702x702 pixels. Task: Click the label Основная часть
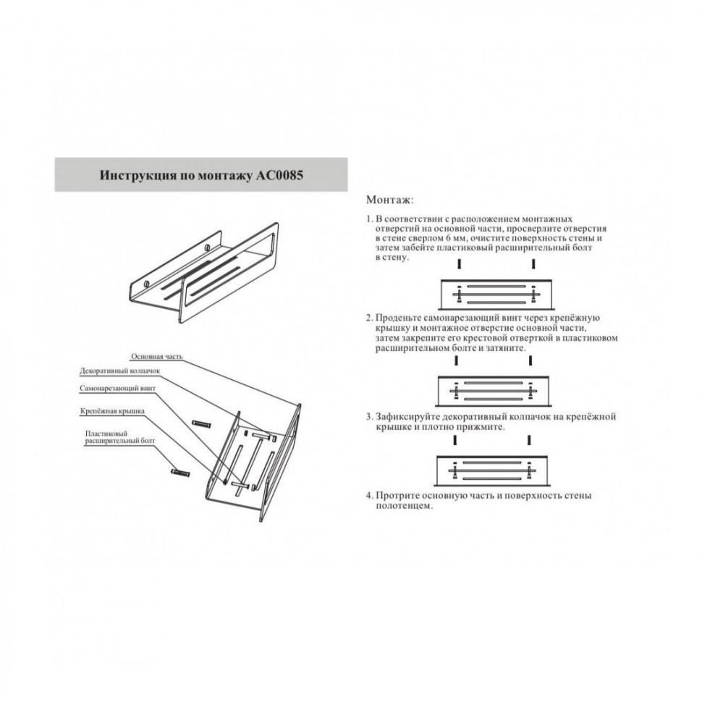point(157,357)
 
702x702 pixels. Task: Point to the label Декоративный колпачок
point(119,371)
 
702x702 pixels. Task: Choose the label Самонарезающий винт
point(117,389)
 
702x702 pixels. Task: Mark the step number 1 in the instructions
point(369,219)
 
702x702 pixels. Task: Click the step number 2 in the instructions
point(369,318)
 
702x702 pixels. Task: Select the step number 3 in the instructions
point(369,417)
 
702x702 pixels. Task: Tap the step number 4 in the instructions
point(369,496)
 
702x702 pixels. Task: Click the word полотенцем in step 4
point(403,506)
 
